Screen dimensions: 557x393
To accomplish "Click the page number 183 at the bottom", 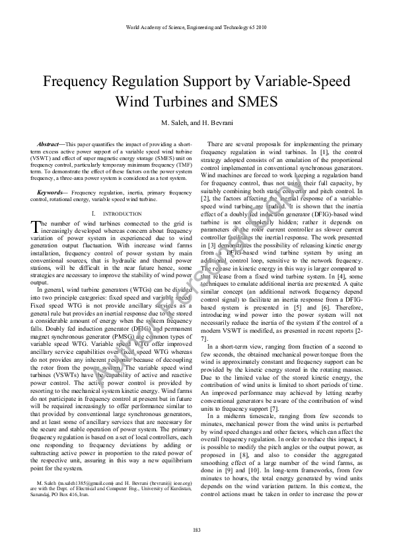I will (196, 531).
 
